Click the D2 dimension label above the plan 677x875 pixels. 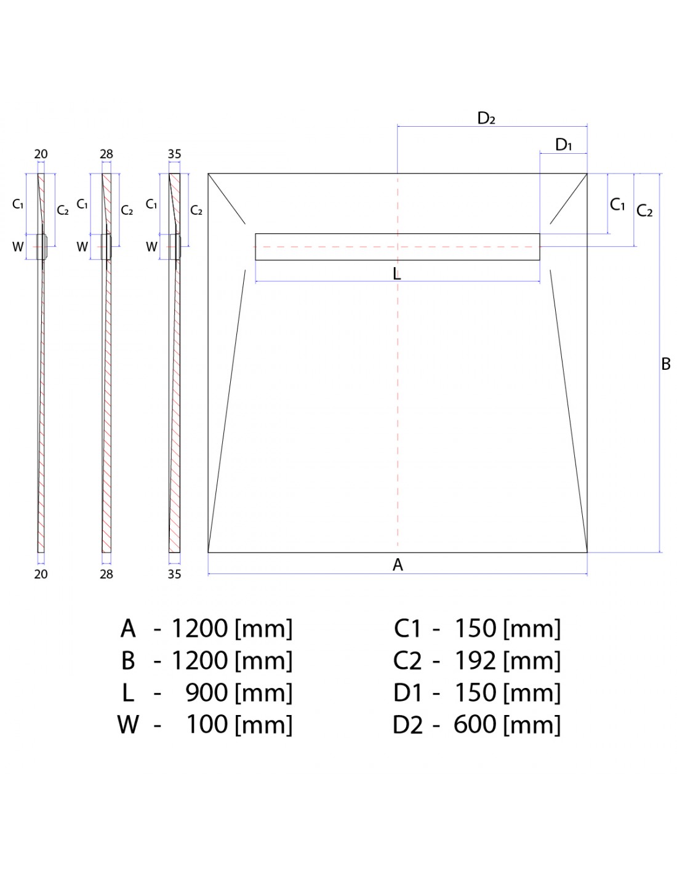(486, 118)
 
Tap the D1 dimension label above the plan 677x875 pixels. (563, 145)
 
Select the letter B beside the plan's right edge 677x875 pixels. (666, 364)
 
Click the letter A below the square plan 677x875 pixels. (398, 565)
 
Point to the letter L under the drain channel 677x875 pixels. (397, 274)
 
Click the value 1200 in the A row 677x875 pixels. (199, 628)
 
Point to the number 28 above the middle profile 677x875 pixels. (106, 154)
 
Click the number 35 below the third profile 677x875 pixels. (174, 574)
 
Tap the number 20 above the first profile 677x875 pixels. (41, 154)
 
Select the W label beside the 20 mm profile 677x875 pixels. (18, 247)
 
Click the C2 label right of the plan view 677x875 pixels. (644, 210)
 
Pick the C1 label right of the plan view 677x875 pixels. (617, 204)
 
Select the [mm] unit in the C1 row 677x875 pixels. (532, 629)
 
